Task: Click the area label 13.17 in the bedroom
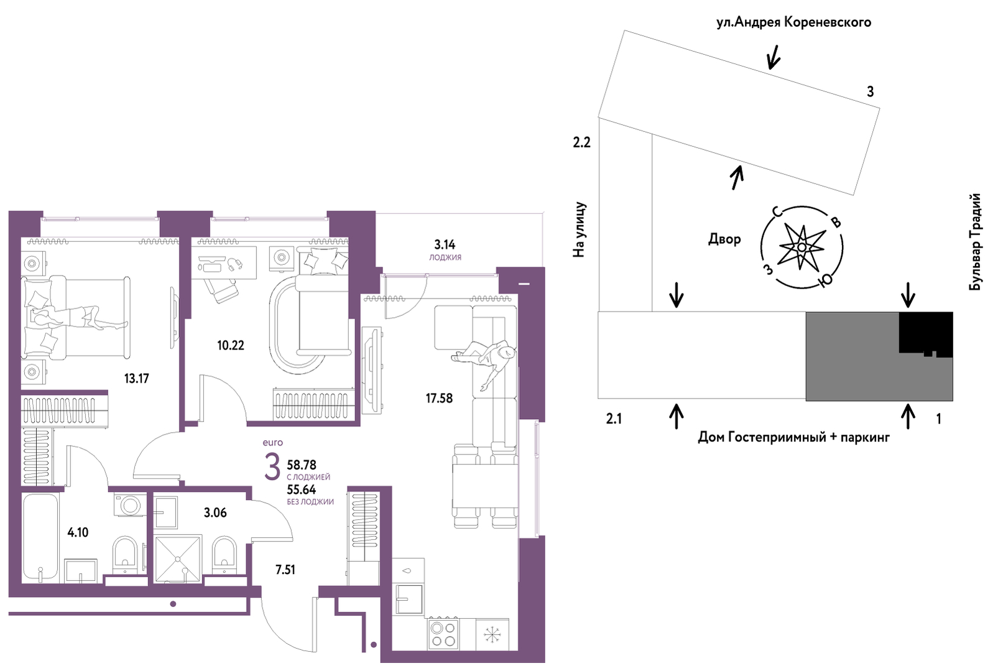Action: tap(136, 378)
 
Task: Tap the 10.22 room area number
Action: tap(230, 345)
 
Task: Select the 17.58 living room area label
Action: tap(438, 398)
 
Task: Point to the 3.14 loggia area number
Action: tap(445, 245)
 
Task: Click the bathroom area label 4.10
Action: tap(78, 532)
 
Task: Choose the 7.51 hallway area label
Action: tap(285, 570)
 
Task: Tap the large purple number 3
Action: tap(272, 468)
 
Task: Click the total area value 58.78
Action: tap(302, 465)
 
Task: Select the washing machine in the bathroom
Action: tap(130, 504)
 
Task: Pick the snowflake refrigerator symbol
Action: tap(492, 635)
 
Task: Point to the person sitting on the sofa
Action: tap(488, 361)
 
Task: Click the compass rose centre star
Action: tap(802, 248)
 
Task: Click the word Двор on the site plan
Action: tap(724, 239)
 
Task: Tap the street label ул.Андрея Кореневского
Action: tap(793, 22)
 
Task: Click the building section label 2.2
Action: tap(581, 142)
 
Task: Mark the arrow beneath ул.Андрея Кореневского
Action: tap(773, 58)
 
